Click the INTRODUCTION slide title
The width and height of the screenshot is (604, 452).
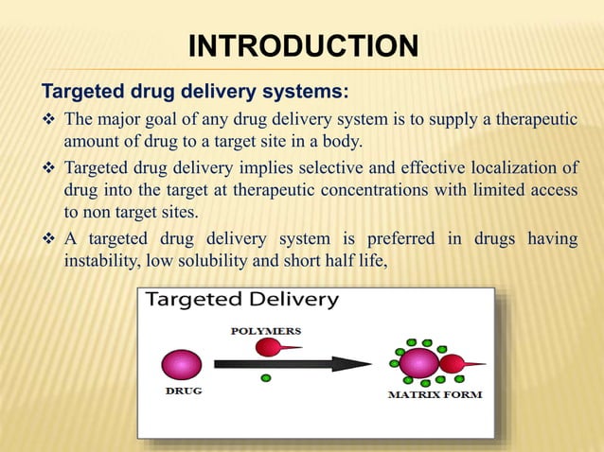[x=303, y=44]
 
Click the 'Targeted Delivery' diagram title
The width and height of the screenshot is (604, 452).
[x=241, y=301]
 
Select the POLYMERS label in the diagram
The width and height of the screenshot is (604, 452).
[x=266, y=331]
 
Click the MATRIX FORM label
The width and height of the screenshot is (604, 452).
[x=435, y=394]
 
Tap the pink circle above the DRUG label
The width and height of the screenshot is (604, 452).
[x=182, y=364]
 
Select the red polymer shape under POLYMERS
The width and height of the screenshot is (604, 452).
[x=272, y=347]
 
